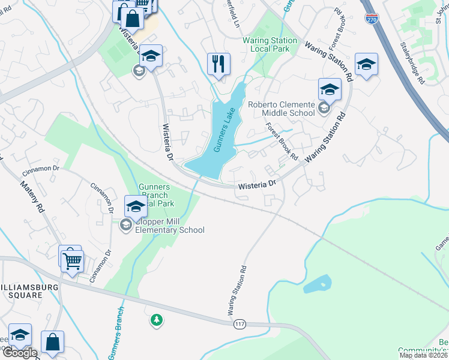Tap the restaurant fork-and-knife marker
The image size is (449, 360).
click(x=218, y=63)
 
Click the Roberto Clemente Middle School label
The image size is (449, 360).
click(x=282, y=109)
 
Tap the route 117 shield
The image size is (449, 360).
click(x=240, y=324)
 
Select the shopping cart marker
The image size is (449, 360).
click(x=73, y=262)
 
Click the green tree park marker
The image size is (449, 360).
click(x=156, y=320)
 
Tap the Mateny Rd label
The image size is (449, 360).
click(x=32, y=197)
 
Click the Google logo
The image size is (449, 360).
click(x=19, y=352)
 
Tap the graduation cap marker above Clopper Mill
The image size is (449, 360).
click(x=136, y=207)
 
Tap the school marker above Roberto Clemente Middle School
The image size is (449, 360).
click(x=329, y=89)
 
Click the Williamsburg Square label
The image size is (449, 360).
click(x=29, y=291)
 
